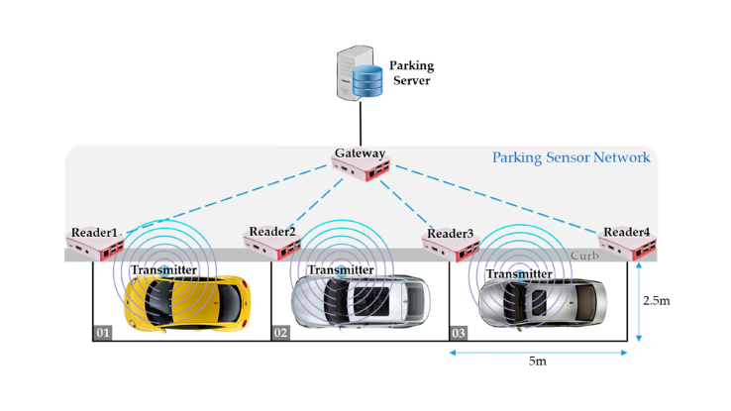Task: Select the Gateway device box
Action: [361, 173]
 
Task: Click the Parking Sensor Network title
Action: [571, 156]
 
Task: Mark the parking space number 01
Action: [102, 333]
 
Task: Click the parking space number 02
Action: [280, 333]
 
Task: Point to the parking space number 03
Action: [459, 333]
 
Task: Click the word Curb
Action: [582, 256]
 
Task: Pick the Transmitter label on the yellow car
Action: [163, 269]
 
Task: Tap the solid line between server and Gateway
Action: [361, 123]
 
